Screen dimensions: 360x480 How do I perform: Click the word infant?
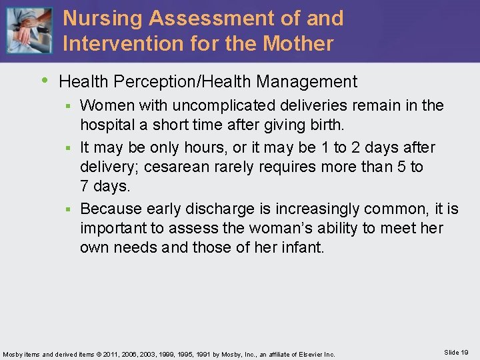[301, 247]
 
